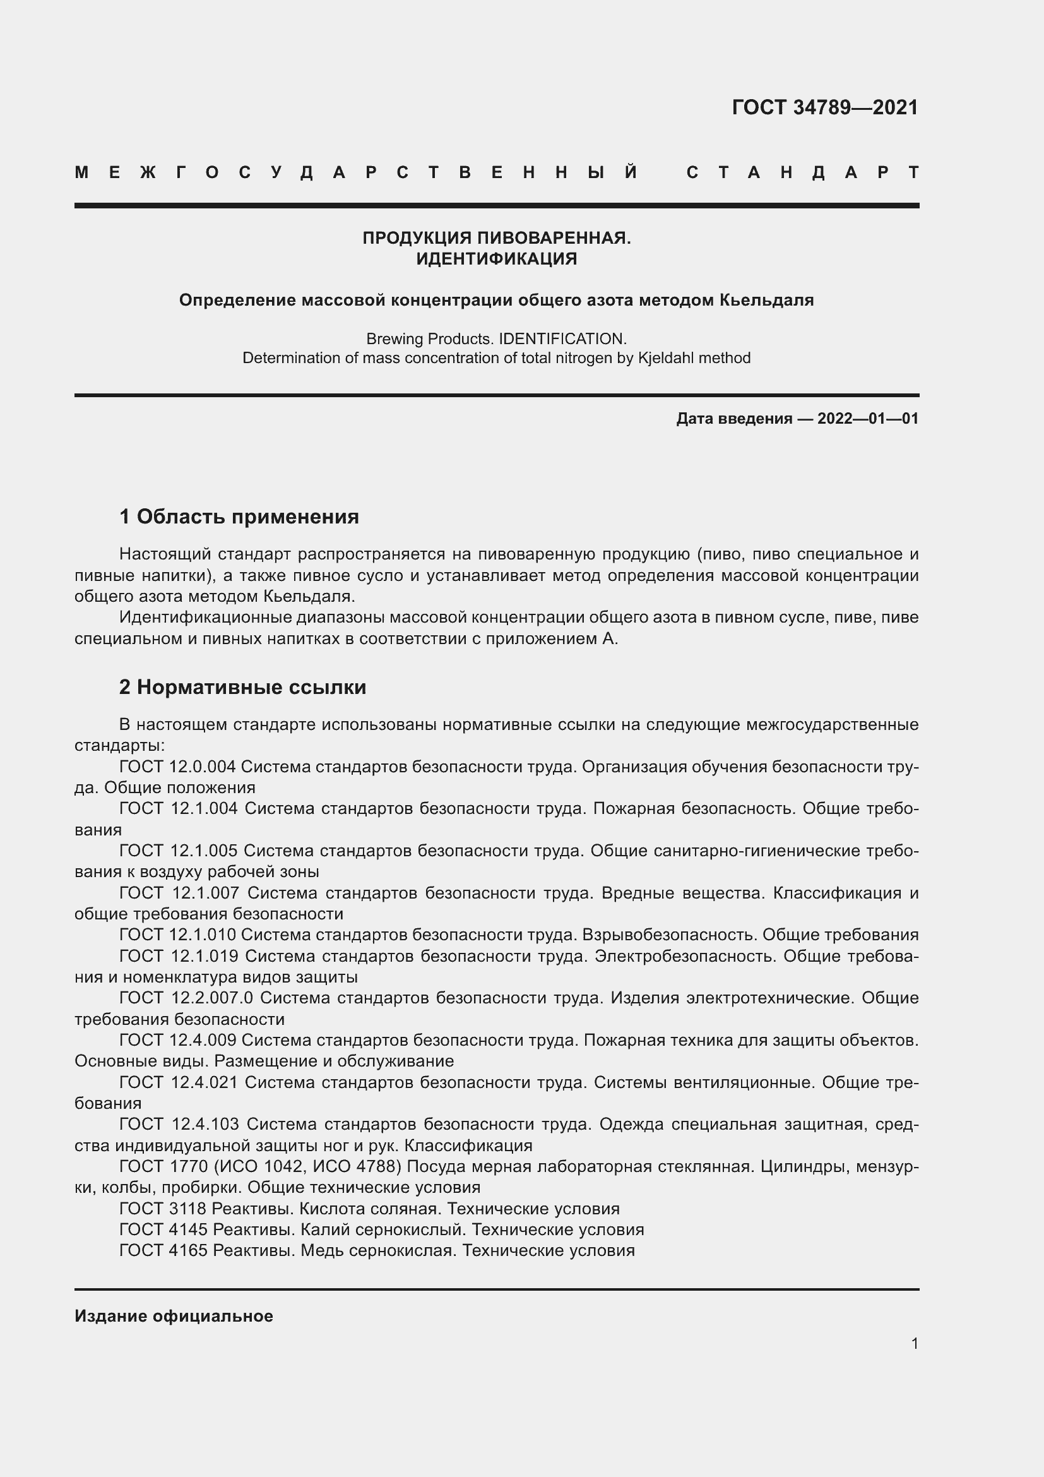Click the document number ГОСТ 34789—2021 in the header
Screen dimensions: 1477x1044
click(825, 107)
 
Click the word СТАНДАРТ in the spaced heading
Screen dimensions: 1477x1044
click(802, 172)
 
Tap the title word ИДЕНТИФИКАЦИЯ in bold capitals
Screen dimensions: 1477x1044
click(496, 259)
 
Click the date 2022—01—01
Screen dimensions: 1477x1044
click(867, 419)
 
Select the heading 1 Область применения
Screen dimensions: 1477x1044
click(239, 516)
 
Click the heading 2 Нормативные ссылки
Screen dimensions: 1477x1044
click(242, 687)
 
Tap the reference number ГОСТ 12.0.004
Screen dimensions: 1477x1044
click(177, 767)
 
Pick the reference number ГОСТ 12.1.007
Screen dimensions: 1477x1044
click(179, 893)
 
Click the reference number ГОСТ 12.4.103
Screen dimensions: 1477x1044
click(179, 1124)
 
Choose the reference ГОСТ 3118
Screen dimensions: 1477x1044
click(163, 1208)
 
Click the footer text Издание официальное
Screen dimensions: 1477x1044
click(174, 1316)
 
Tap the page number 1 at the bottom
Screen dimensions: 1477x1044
click(915, 1343)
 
